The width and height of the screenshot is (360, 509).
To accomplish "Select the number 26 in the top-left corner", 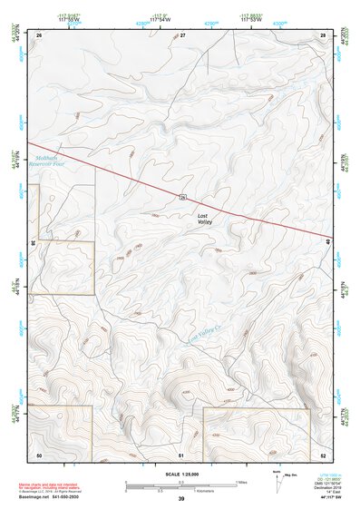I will coord(40,34).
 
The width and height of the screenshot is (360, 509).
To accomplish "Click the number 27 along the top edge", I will coord(182,34).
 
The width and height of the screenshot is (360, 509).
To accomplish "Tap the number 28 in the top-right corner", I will coord(323,34).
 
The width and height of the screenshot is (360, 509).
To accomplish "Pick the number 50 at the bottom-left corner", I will coord(39,454).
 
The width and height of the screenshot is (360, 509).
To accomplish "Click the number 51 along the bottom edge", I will coord(181,454).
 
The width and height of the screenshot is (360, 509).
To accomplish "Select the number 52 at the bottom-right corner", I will coord(323,454).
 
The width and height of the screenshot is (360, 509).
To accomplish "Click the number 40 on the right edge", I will coord(328,241).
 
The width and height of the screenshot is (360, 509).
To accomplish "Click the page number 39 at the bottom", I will coord(181,499).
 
